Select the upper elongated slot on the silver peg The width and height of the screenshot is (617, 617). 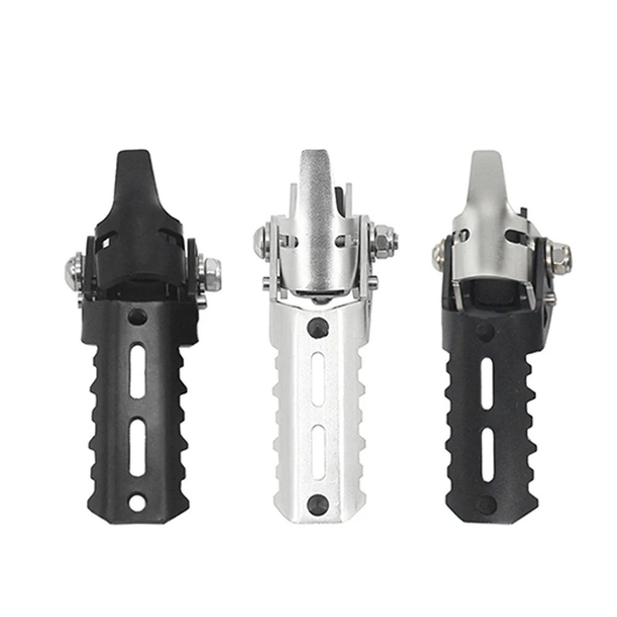click(x=318, y=380)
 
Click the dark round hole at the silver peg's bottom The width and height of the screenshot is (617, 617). click(x=318, y=501)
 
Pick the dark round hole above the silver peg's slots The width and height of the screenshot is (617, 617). click(x=318, y=327)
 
